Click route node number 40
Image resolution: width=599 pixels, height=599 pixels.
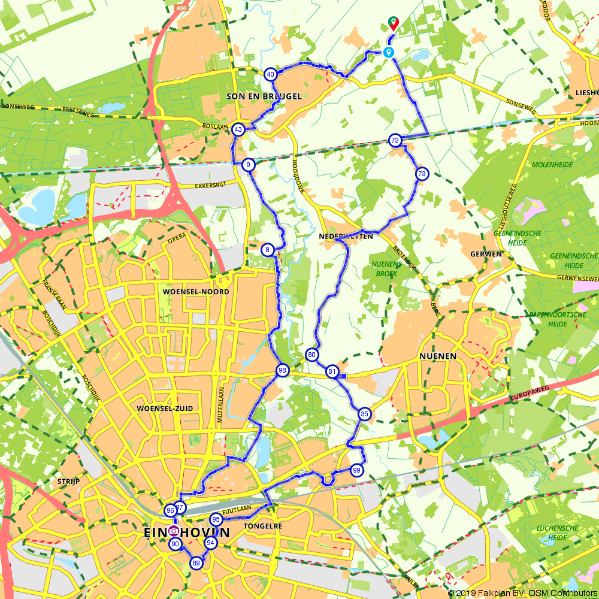[270, 75]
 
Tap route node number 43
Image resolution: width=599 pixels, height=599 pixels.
[238, 129]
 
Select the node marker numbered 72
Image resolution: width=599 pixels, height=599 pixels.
[394, 140]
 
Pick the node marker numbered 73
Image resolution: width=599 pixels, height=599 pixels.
[422, 174]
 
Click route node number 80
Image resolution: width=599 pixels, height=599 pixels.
[311, 354]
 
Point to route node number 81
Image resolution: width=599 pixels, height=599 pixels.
[332, 372]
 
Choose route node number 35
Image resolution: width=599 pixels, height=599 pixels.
[364, 414]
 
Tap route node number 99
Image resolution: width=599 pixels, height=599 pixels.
[357, 470]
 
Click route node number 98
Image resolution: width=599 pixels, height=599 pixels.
[282, 371]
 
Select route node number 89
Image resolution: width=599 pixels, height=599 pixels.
[196, 563]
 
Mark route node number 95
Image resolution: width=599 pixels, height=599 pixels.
[216, 519]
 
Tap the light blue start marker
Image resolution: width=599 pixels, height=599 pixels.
[389, 52]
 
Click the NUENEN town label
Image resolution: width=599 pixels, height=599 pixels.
[439, 356]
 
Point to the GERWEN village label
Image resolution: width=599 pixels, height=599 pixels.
[486, 254]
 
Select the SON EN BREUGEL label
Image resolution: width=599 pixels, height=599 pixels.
[264, 96]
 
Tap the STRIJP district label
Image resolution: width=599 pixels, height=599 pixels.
[69, 481]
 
